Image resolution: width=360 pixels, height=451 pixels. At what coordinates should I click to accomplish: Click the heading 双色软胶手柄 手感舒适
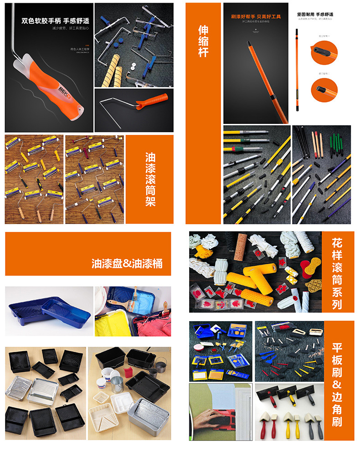(55, 21)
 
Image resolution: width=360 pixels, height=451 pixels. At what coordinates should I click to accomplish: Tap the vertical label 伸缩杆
(203, 41)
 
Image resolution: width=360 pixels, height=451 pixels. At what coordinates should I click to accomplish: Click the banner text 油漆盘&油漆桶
(127, 264)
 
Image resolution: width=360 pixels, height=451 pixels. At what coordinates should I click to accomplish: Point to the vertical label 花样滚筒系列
(337, 272)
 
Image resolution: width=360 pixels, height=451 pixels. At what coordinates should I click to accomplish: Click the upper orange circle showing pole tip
(324, 52)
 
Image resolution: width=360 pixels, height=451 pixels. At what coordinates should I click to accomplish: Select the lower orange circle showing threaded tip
(324, 89)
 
